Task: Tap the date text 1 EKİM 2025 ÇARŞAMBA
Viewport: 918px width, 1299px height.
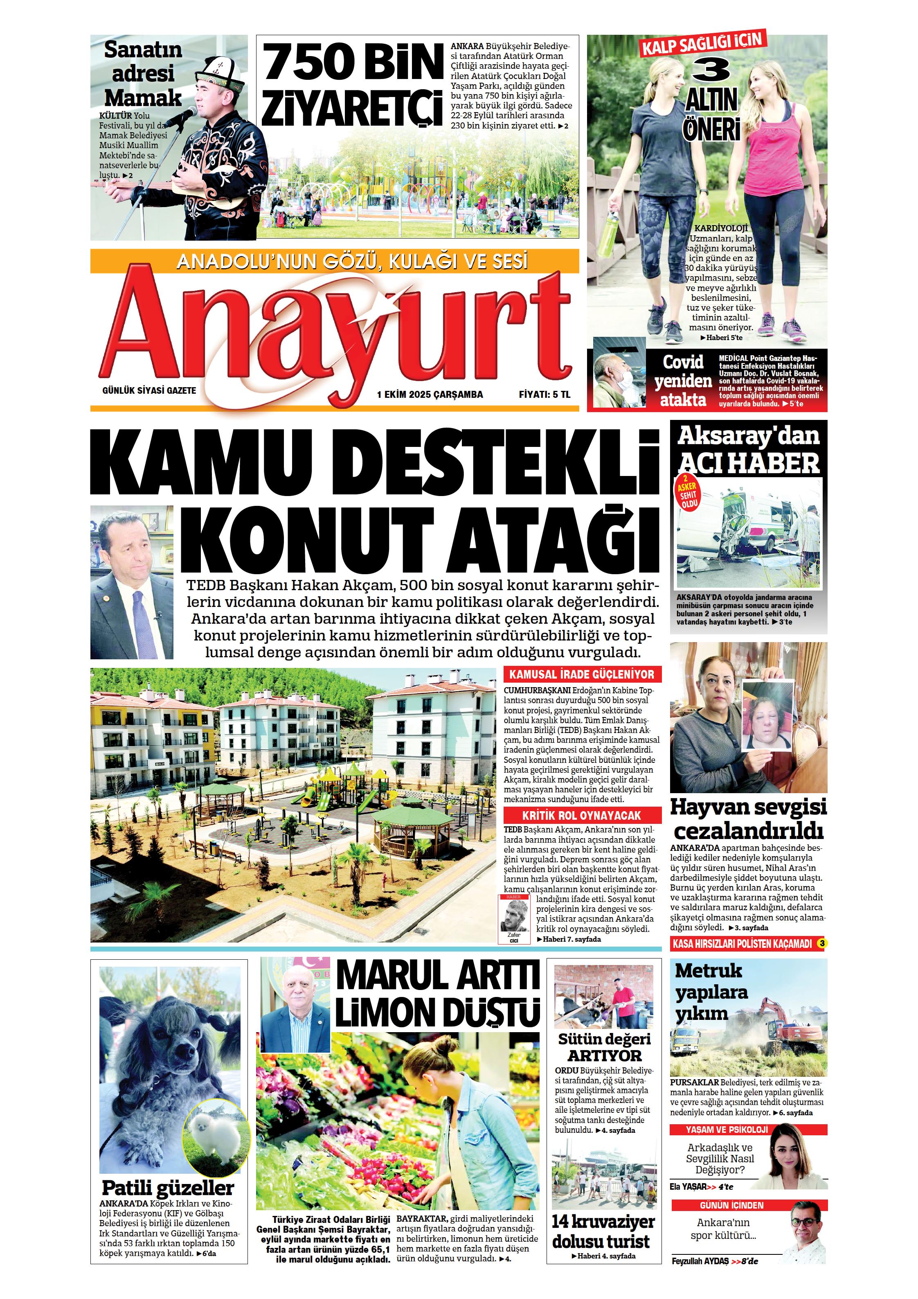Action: pos(430,395)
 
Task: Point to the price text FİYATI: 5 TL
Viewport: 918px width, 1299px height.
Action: pos(544,395)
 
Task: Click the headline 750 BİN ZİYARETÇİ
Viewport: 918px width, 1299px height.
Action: pos(352,85)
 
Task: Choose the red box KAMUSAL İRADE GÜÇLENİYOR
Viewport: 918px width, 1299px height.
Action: pos(582,674)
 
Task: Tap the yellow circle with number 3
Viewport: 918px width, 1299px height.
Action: pos(822,943)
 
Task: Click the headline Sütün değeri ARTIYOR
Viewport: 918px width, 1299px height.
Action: pos(604,1047)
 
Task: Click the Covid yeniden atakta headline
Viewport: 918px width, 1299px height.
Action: pos(683,381)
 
